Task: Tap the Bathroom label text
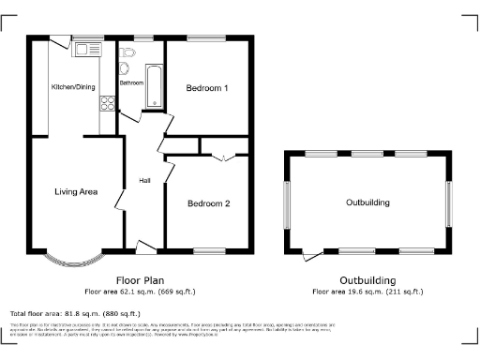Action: pos(131,83)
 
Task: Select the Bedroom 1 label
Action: pos(207,89)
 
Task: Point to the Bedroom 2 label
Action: pos(207,203)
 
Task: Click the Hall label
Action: pos(145,181)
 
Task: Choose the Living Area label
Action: pos(76,192)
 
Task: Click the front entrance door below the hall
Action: pos(147,247)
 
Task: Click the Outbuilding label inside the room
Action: pos(367,202)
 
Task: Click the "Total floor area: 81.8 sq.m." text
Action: pos(75,313)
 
